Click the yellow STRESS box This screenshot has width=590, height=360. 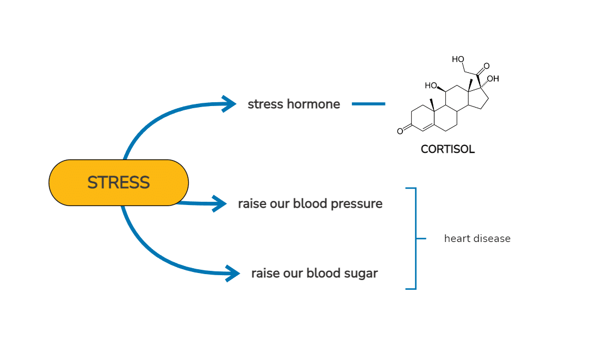(119, 182)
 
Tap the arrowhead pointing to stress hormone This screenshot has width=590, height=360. (229, 104)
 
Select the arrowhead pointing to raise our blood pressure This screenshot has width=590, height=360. (219, 203)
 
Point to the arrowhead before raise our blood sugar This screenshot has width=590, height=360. (233, 274)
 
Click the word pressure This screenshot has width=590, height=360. (356, 204)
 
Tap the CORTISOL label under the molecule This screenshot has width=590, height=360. (448, 150)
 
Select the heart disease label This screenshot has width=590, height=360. (477, 239)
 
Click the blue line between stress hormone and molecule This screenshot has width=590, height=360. (368, 104)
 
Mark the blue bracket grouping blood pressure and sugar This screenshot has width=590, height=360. (416, 239)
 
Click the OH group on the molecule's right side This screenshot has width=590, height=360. (493, 79)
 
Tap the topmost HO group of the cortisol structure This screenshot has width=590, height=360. (458, 59)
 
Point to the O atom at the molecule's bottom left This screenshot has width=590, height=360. (400, 131)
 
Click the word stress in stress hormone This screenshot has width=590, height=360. (266, 104)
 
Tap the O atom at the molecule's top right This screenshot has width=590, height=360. (487, 66)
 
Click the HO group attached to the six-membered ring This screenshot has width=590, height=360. (431, 86)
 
